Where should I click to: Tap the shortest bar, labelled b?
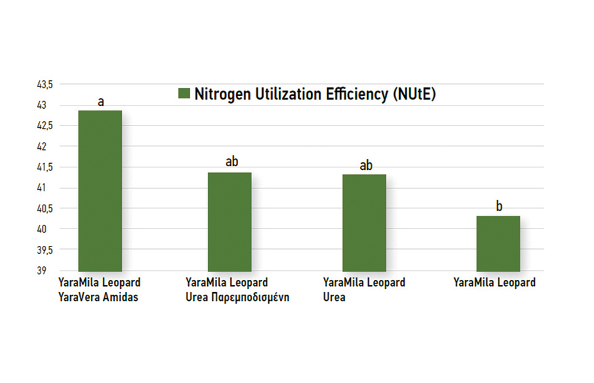click(498, 243)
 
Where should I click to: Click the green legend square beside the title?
click(183, 94)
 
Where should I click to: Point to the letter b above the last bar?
click(499, 207)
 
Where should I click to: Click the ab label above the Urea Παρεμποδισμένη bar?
click(231, 162)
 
